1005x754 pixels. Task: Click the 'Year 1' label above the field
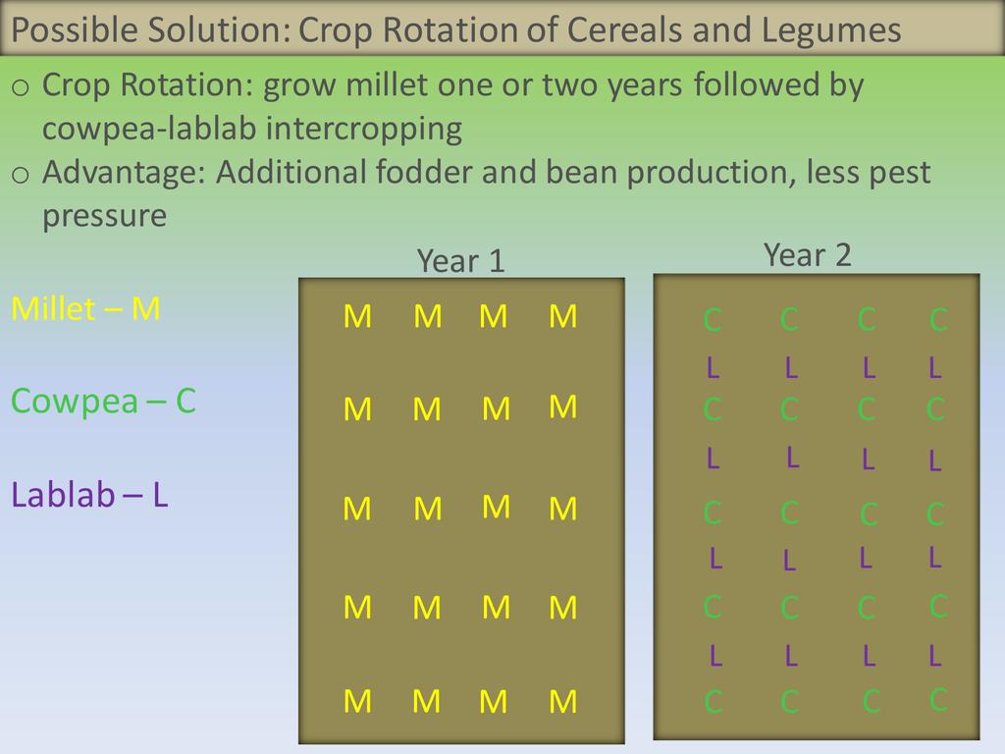(461, 261)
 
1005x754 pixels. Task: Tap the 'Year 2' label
(808, 255)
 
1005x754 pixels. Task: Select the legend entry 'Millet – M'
(86, 309)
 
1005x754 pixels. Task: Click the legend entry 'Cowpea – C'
(103, 402)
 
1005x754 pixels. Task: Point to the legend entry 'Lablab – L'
(89, 495)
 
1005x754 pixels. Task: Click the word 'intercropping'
(363, 130)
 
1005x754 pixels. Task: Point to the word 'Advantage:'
(124, 173)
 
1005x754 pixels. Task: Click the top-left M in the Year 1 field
(357, 317)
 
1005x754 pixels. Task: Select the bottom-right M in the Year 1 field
(562, 701)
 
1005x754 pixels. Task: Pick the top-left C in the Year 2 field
(713, 319)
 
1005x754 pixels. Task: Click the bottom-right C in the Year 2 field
(938, 699)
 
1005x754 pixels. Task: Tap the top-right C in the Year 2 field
(938, 319)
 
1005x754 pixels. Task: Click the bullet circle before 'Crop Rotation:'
(21, 87)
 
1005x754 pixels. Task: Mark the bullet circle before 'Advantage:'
(21, 175)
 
